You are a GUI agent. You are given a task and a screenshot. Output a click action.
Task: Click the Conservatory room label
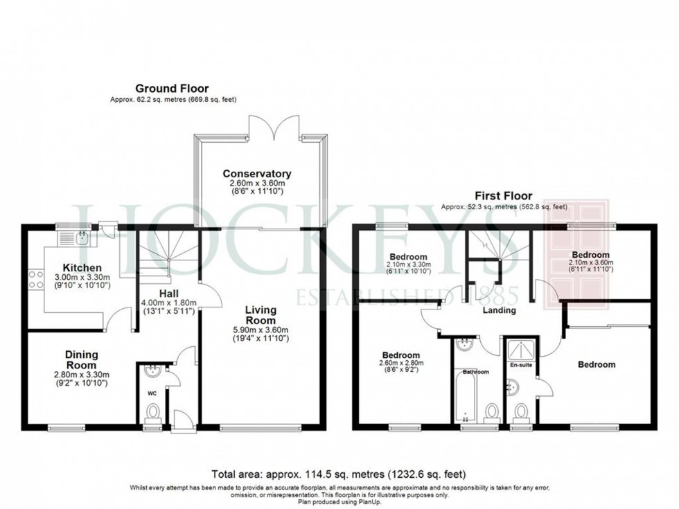tap(256, 173)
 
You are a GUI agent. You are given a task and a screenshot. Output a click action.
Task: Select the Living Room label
tap(261, 315)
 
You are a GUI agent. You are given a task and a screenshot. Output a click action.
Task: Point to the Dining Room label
tap(81, 359)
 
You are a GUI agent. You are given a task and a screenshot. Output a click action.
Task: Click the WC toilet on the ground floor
tap(152, 413)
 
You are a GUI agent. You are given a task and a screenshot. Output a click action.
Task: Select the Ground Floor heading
tap(172, 88)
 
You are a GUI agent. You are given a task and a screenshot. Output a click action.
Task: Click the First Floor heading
tap(502, 196)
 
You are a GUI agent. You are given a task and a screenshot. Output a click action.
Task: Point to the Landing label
tap(500, 310)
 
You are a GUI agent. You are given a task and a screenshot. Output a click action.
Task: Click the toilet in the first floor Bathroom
tap(492, 413)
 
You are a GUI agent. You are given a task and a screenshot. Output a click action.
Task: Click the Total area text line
tap(339, 474)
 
